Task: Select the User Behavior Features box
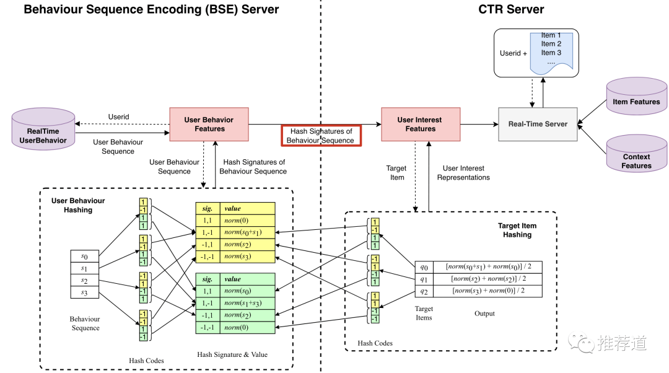click(x=209, y=125)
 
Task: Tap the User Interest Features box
click(x=420, y=125)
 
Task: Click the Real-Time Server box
click(x=538, y=124)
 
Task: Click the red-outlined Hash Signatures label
click(x=321, y=136)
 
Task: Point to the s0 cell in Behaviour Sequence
click(x=85, y=256)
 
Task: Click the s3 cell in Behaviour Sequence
click(x=85, y=292)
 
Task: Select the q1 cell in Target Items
click(x=424, y=279)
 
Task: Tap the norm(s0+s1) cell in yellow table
click(x=248, y=232)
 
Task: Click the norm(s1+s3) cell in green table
click(x=248, y=304)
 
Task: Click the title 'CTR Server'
click(x=510, y=9)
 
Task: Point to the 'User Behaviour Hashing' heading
click(x=78, y=205)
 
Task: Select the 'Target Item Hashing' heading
click(x=517, y=230)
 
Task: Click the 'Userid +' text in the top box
click(x=514, y=53)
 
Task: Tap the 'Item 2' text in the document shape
click(x=551, y=44)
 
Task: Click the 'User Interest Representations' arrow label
click(x=463, y=173)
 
